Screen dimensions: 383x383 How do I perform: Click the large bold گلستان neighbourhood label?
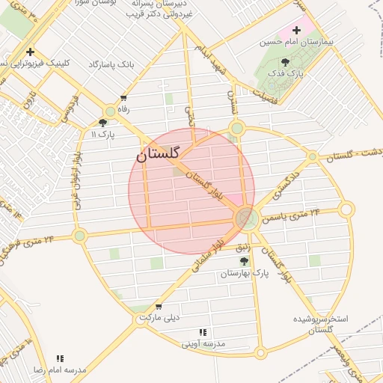coord(158,154)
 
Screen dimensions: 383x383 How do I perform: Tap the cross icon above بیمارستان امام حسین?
coord(297,31)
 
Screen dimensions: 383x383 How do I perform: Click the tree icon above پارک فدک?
coord(284,63)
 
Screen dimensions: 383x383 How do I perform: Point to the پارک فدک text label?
coord(284,76)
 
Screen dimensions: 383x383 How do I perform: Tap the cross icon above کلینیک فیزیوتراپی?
coord(29,52)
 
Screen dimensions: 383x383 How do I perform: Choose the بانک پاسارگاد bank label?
coord(110,65)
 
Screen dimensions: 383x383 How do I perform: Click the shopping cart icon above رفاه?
coord(123,98)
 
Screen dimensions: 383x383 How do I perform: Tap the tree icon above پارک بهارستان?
coord(244,261)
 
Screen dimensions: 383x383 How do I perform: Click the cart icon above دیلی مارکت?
coord(159,306)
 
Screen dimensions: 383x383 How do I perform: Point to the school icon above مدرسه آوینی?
coord(202,332)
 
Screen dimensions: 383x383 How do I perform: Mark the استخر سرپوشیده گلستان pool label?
coord(322,324)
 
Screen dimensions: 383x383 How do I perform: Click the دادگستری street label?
coord(285,184)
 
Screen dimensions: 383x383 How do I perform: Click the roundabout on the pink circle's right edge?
coord(245,218)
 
